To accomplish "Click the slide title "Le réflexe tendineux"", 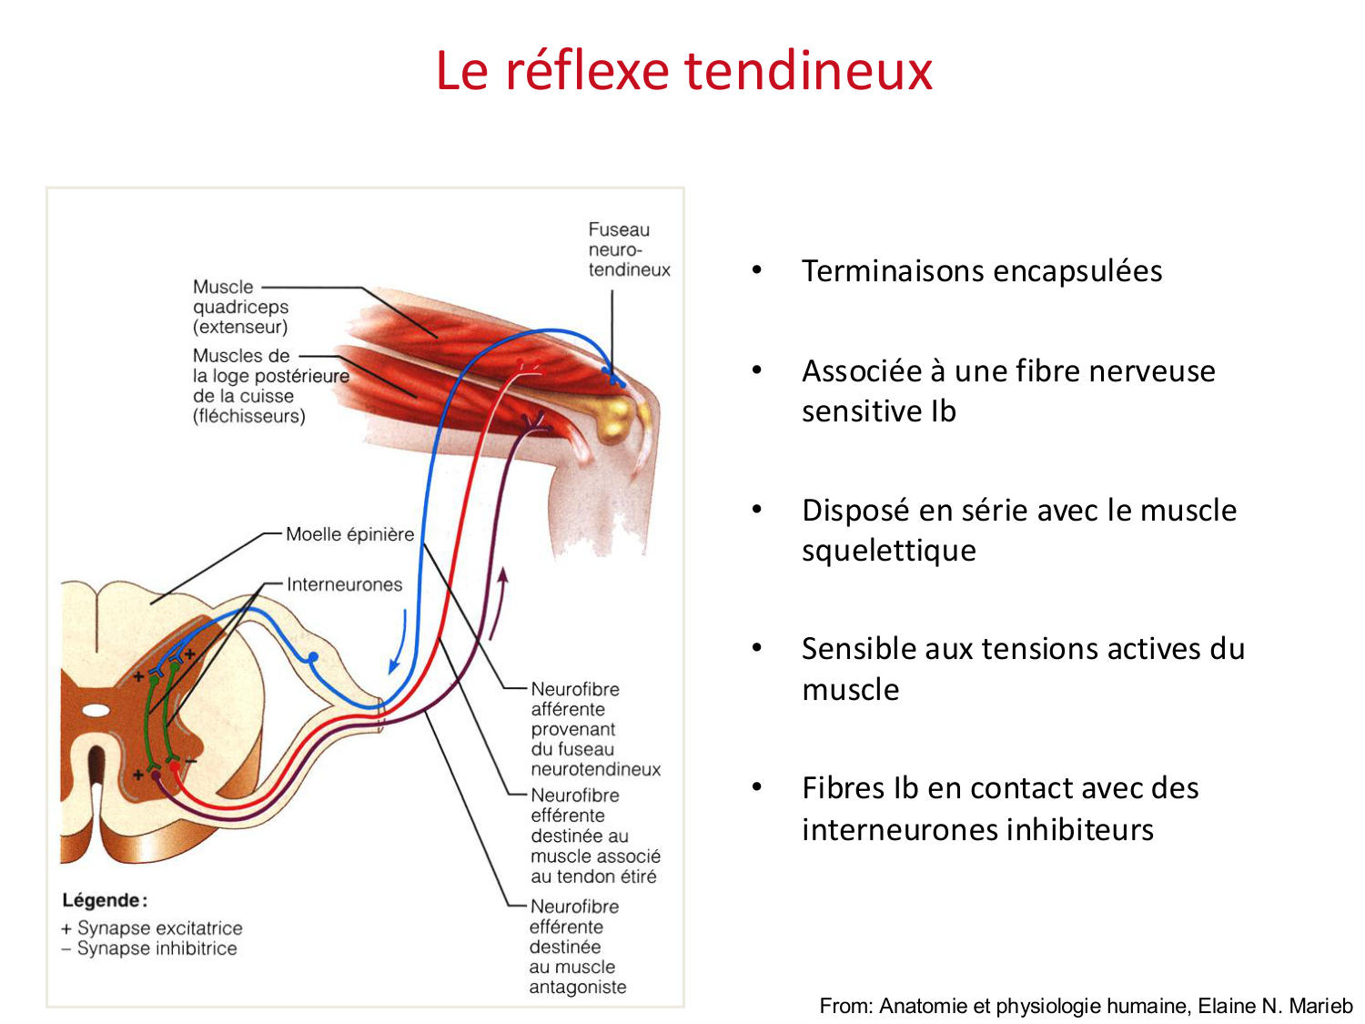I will pos(683,70).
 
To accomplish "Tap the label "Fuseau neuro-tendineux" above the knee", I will pos(628,249).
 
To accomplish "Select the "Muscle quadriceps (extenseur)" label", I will pos(240,307).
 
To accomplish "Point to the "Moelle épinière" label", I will pos(349,534).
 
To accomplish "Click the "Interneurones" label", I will pos(344,584).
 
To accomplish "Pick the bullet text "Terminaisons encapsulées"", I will pos(981,271).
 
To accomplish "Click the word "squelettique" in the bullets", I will pos(888,551).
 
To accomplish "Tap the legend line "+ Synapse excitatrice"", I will pos(152,928).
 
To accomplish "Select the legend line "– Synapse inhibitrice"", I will pos(149,948).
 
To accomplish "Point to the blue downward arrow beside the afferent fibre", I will pos(398,643).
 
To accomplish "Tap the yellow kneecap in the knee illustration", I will pos(613,413).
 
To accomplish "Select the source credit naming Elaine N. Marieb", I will pos(1086,1006).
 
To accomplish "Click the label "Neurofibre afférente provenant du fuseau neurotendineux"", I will pos(595,729).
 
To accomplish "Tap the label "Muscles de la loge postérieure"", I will pos(270,385).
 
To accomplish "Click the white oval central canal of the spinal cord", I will pos(96,710).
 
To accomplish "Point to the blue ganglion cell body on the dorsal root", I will pos(313,656).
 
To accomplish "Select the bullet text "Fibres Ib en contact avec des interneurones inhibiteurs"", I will pos(999,808).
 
